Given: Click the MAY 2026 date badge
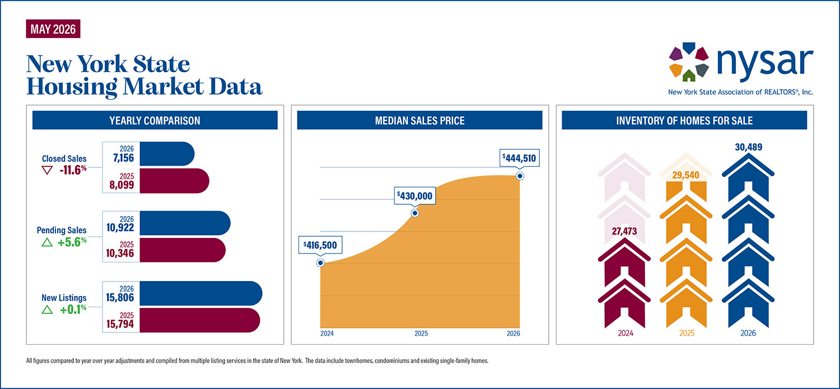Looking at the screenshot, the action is pos(53,29).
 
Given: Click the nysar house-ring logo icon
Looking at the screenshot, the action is pos(689,62).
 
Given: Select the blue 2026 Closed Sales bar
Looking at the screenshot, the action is pos(167,154).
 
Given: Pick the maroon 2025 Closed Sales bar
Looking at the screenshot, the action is pos(174,181).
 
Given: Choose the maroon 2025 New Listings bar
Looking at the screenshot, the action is pos(200,320).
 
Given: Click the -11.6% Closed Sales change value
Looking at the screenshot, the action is pos(73,170).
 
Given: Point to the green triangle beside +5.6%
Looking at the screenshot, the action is pos(47,242).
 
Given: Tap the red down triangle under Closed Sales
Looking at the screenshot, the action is pos(47,171).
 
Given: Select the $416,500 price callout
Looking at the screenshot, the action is pos(320,245).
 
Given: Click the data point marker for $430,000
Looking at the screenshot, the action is pos(415,213).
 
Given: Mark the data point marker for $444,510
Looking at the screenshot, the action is pos(520,176).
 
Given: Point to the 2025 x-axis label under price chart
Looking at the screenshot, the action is pos(421,334).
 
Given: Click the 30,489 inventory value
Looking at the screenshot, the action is pos(749,147).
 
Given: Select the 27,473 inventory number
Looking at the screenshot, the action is pos(624,231).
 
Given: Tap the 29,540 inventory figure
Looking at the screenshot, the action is pos(686,175).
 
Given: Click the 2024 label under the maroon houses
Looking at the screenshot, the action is pos(626,333).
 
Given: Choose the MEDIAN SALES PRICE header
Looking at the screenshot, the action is pos(419,121).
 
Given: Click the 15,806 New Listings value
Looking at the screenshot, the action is pos(120,298).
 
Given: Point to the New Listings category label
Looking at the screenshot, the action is pos(64,298).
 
